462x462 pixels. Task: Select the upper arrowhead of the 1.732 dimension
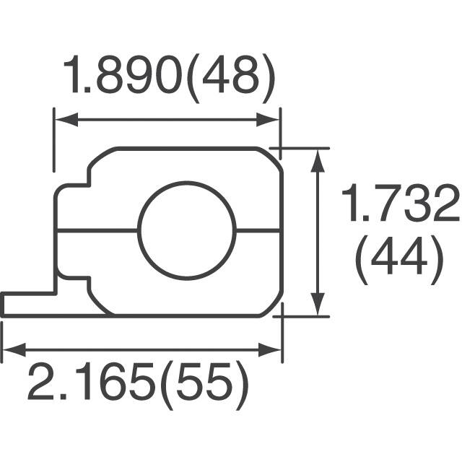coord(316,156)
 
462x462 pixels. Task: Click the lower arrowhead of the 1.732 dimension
coord(316,309)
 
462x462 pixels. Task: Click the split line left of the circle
coord(97,231)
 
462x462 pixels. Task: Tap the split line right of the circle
coord(258,231)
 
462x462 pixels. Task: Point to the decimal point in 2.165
coord(67,398)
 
